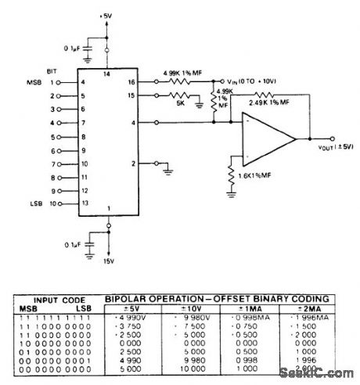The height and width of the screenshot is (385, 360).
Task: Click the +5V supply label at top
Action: [107, 16]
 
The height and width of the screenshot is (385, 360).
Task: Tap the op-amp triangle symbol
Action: [267, 139]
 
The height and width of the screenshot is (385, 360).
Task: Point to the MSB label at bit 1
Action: [34, 81]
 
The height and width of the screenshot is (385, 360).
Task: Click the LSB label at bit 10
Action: [35, 203]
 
